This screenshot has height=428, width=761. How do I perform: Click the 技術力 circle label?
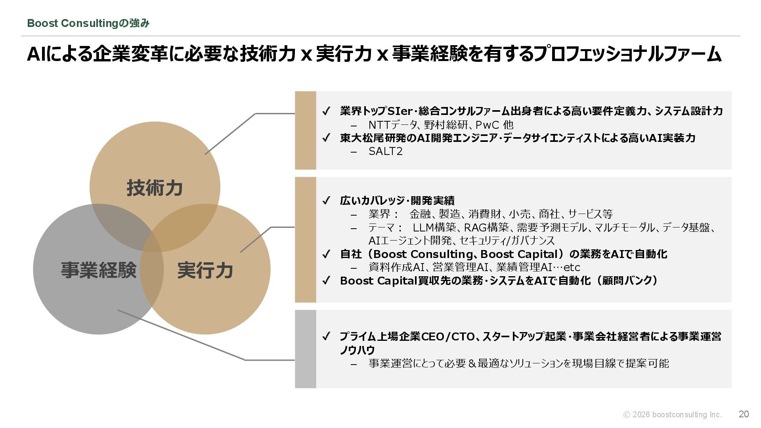(x=155, y=188)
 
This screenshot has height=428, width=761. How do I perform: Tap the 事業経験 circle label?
(x=98, y=270)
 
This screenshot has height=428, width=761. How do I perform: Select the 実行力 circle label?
(x=205, y=270)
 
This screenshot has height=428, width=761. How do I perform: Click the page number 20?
(x=744, y=414)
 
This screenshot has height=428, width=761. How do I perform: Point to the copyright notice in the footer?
(x=672, y=415)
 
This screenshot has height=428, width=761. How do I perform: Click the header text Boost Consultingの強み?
(x=88, y=23)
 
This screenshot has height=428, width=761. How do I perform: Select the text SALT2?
(x=385, y=151)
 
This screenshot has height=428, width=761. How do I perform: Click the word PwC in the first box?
(x=487, y=125)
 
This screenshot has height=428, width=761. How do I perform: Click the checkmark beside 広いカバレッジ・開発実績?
(x=326, y=201)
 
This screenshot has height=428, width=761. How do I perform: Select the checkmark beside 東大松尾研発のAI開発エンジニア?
(x=326, y=138)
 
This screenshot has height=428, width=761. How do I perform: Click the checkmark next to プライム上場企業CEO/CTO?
(x=326, y=337)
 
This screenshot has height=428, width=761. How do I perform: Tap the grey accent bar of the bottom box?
(x=305, y=349)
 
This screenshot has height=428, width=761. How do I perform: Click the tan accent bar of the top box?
(x=305, y=130)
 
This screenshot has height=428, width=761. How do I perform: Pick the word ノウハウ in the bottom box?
(x=357, y=350)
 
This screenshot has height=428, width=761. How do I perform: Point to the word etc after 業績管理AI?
(x=572, y=267)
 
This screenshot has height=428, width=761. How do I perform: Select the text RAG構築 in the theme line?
(x=486, y=227)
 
